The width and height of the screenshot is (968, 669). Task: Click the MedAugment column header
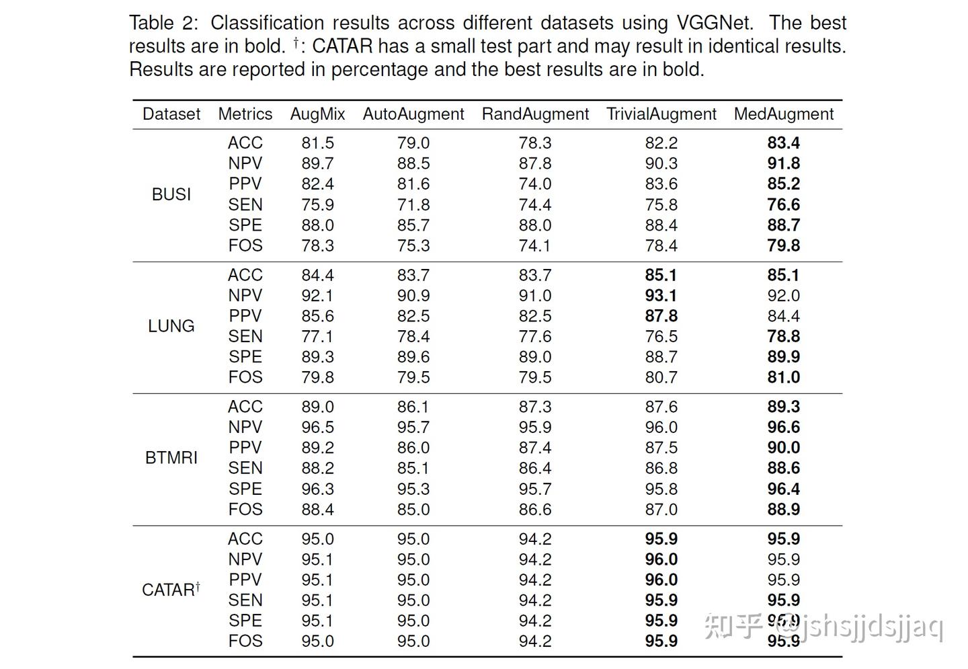pos(783,114)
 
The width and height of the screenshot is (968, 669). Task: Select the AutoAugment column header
pos(413,114)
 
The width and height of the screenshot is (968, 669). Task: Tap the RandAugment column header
pos(535,114)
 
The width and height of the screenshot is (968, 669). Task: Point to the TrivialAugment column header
pos(661,114)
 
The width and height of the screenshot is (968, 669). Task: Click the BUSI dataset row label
pos(171,194)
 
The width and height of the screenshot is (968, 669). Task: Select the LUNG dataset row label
pos(171,326)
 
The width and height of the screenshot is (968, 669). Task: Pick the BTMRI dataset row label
pos(171,458)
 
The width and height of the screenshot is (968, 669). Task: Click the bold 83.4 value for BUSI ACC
pos(783,143)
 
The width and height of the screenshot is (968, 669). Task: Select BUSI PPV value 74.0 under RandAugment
pos(535,184)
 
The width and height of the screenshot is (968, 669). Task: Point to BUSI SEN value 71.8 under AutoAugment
pos(413,205)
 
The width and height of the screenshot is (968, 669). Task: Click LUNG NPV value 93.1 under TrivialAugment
pos(661,296)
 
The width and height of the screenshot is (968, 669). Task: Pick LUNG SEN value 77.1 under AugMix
pos(317,337)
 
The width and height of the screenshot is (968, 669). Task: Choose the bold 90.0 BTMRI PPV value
pos(783,448)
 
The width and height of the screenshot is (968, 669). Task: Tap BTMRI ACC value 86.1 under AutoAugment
pos(413,407)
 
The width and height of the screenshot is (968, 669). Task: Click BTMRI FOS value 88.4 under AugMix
pos(317,510)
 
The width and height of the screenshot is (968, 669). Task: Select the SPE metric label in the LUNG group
pos(245,357)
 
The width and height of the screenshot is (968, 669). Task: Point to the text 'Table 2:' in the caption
pos(163,23)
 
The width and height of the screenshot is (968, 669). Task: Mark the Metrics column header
pos(245,114)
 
